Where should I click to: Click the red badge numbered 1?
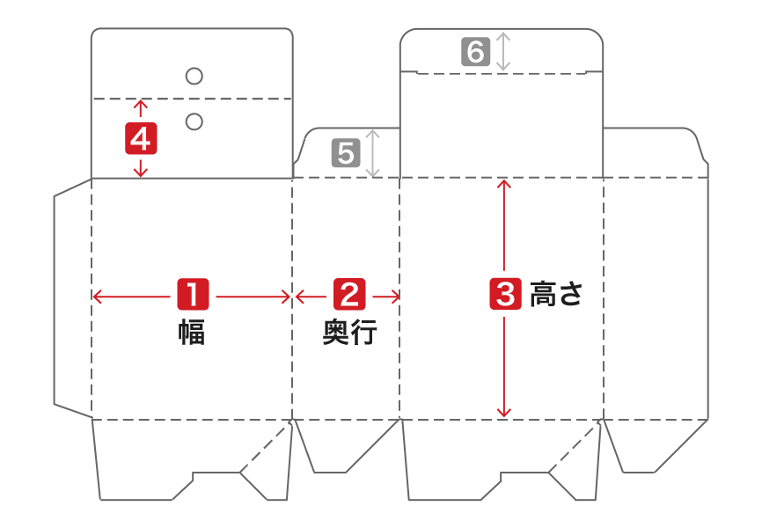[x=193, y=294]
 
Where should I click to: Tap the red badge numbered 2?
[x=349, y=294]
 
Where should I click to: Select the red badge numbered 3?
[x=504, y=294]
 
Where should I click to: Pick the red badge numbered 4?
[x=141, y=138]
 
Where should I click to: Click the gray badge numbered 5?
[x=345, y=154]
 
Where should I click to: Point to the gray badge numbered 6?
[x=475, y=52]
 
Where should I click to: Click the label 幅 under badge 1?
[x=192, y=334]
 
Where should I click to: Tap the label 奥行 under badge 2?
[x=349, y=334]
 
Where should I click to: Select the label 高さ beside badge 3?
[x=556, y=294]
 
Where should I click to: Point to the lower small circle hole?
[x=194, y=121]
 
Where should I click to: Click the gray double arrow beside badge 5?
[x=372, y=153]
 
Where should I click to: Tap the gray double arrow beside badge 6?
[x=502, y=52]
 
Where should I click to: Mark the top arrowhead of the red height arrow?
[x=503, y=184]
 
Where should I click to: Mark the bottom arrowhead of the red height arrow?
[x=503, y=413]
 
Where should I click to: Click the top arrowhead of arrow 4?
[x=140, y=104]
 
